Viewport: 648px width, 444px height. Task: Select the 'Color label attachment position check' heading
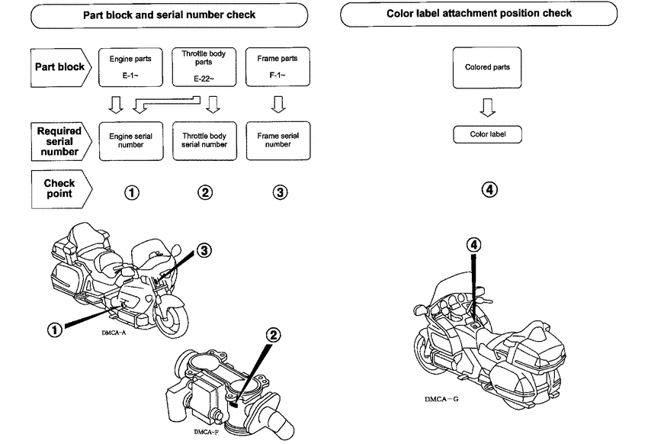tap(479, 14)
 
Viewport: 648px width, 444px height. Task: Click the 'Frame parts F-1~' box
tap(273, 66)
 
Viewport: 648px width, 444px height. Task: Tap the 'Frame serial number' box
tap(273, 140)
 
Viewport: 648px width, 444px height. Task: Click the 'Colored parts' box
tap(486, 67)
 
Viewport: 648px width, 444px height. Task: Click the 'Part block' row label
tap(59, 66)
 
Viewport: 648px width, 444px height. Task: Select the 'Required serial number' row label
tap(59, 140)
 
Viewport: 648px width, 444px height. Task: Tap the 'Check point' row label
tap(59, 188)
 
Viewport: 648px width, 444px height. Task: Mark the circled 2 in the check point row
tap(205, 192)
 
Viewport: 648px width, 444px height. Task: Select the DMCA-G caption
tap(440, 399)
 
